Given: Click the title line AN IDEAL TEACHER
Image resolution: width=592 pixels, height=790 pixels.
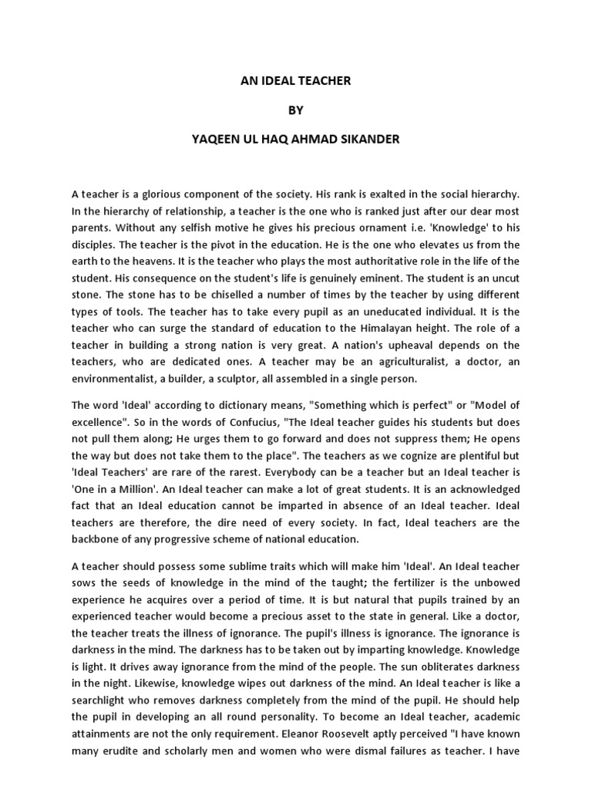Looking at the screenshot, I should pyautogui.click(x=297, y=79).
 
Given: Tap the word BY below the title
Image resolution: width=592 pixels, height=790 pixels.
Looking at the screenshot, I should pyautogui.click(x=297, y=110).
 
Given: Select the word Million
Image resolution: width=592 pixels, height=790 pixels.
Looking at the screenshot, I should pyautogui.click(x=140, y=489).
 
